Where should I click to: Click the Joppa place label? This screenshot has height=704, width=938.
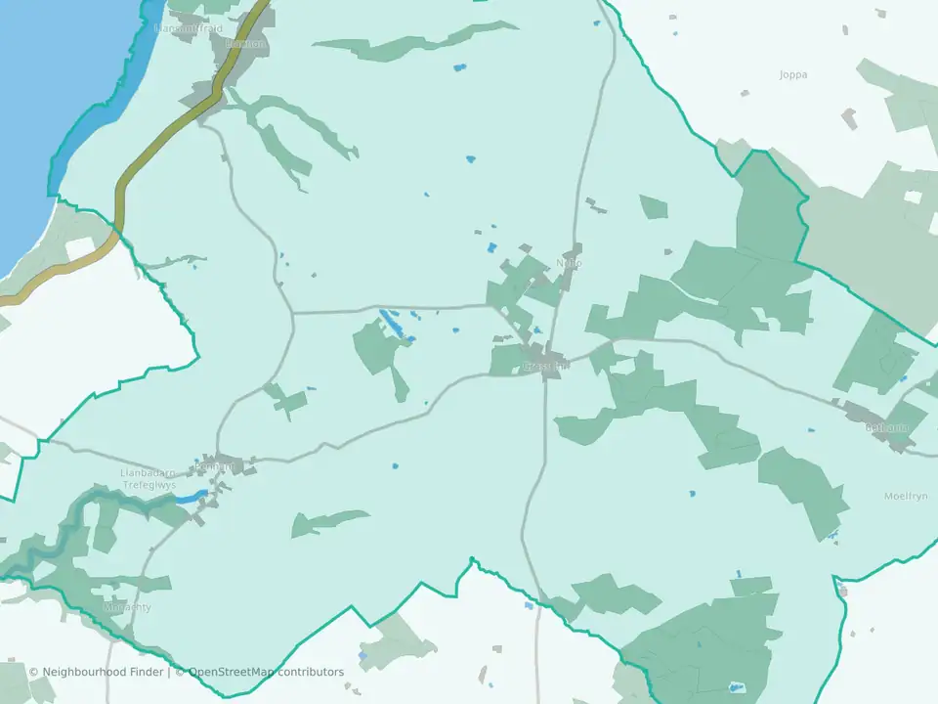pos(793,74)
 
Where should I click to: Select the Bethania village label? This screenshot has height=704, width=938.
pos(887,427)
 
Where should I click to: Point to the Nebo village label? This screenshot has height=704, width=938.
pos(569,263)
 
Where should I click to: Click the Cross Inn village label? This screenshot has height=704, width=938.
pos(545,367)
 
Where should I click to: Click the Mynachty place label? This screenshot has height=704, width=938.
pos(127,607)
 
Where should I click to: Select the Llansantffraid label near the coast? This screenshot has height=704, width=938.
pos(189,28)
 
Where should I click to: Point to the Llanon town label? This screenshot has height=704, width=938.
pos(243,43)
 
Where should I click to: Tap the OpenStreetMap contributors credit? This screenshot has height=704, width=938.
pos(266,672)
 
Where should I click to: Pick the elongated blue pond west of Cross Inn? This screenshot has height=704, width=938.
pos(390,321)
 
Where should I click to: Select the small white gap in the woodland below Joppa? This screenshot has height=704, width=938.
pos(913,198)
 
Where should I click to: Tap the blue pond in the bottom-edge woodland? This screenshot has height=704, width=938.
pos(736,687)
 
